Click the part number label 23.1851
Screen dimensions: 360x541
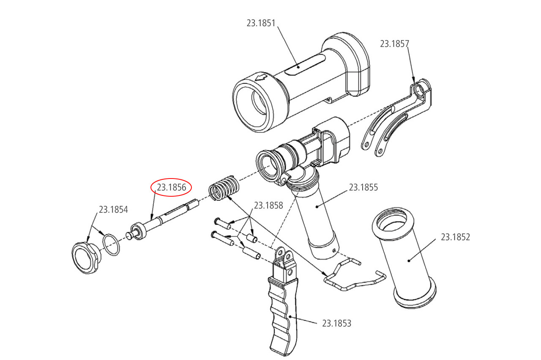point(261,23)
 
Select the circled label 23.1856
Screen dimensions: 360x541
point(172,187)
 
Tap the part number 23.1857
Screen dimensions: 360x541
point(394,44)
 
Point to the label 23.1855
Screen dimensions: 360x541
point(363,187)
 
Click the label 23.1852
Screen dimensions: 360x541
point(455,237)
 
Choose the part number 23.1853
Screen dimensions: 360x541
point(336,324)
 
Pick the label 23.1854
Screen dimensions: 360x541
point(113,209)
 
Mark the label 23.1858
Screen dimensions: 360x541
point(268,206)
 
